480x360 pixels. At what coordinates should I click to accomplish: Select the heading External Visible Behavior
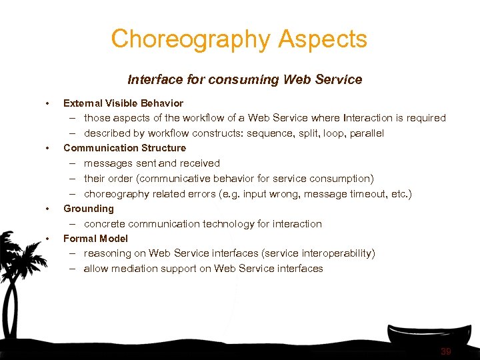pos(123,103)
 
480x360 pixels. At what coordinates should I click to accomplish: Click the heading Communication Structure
pos(124,148)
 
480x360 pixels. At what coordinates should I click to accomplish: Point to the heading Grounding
pos(88,209)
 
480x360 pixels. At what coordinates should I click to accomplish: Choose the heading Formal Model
pos(95,239)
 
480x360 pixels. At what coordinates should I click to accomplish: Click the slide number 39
pos(445,351)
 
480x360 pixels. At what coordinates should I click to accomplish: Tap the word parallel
pos(365,133)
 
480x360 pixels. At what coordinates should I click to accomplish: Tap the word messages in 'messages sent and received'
pos(107,163)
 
